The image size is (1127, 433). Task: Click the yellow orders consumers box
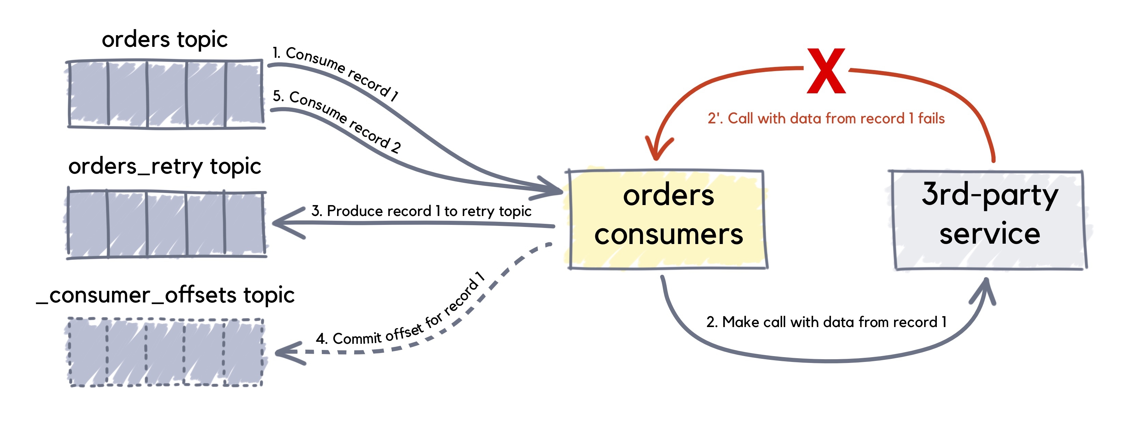668,219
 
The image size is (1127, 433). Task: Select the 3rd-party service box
989,219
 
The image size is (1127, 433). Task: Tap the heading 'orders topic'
165,39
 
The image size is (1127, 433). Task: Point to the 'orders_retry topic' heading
165,166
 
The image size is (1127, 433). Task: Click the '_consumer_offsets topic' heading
165,295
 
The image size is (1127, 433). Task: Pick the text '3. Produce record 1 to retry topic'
421,211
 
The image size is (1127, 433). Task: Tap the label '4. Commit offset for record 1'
400,313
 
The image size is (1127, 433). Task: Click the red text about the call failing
826,118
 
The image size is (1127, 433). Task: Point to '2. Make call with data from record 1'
826,322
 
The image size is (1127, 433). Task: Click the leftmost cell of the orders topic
88,94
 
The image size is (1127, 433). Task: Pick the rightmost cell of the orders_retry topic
244,223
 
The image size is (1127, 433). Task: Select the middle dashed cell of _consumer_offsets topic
165,352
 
